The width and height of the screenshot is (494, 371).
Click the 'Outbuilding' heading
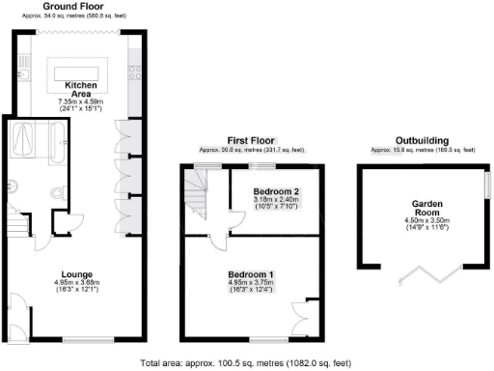423,140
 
